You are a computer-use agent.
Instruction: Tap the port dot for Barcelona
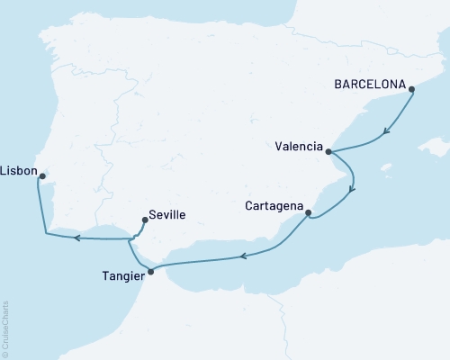tap(411, 89)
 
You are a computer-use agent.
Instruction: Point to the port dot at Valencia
tap(328, 152)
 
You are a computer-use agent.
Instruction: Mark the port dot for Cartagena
tap(309, 213)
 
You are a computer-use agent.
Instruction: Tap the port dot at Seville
tap(144, 218)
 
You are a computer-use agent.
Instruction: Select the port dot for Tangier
tap(150, 271)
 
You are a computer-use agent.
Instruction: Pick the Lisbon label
tap(19, 168)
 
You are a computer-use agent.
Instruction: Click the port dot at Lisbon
tap(42, 176)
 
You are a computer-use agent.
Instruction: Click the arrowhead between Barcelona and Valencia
tap(387, 131)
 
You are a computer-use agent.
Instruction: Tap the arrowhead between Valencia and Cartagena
tap(352, 189)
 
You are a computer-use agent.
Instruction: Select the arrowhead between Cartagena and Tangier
tap(244, 257)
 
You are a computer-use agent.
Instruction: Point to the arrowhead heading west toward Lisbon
tap(76, 238)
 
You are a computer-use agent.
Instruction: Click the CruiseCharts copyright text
tap(5, 328)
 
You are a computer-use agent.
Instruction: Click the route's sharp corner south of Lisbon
tap(46, 234)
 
